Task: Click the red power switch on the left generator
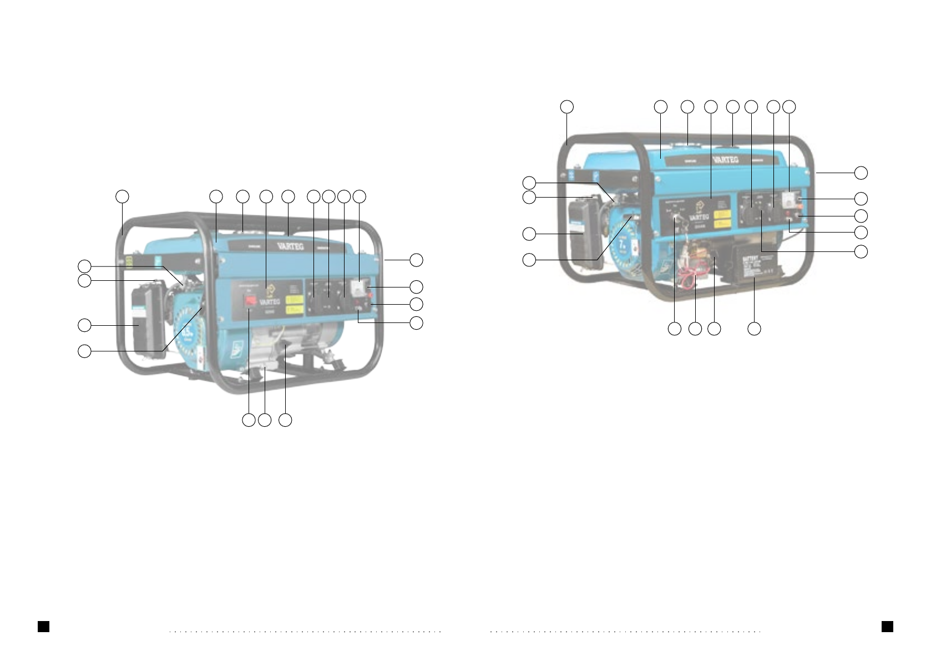[251, 301]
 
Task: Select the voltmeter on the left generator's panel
[358, 286]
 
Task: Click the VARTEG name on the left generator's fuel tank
[290, 245]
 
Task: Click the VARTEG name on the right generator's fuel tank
[725, 159]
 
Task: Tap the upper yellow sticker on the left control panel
[294, 299]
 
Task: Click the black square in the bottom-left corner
[43, 626]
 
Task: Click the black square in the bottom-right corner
[887, 626]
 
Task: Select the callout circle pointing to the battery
[754, 329]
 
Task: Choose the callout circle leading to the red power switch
[249, 420]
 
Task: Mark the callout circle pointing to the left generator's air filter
[84, 325]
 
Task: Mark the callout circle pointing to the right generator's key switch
[675, 329]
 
